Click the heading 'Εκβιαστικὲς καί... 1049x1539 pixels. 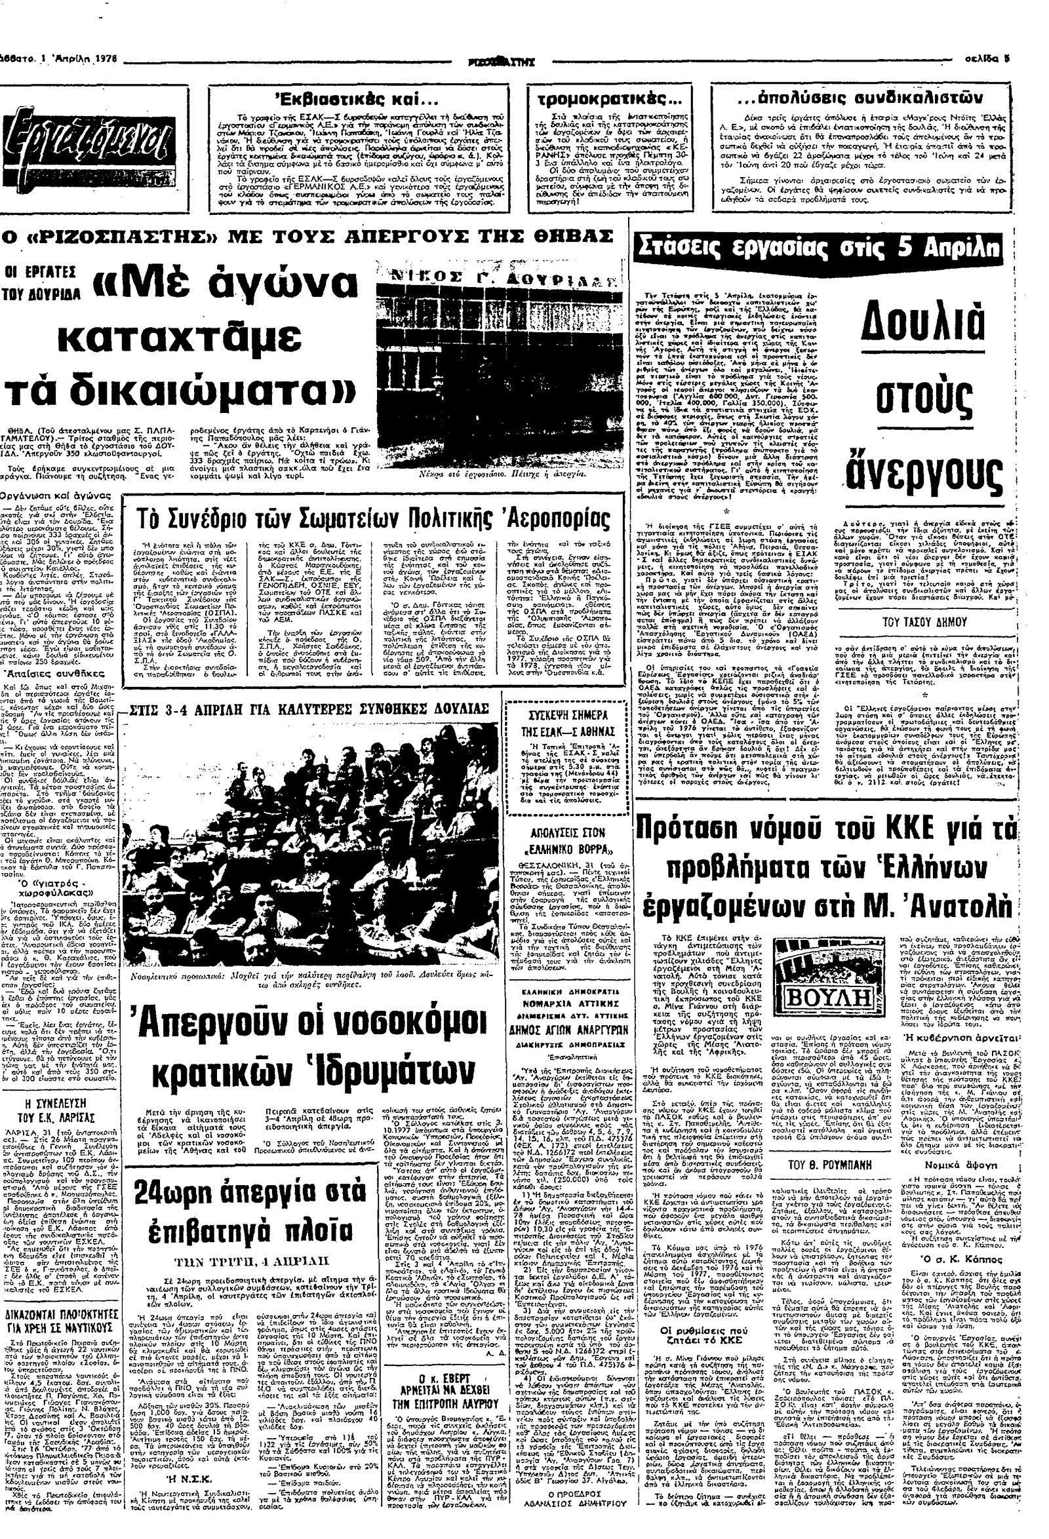[358, 101]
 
